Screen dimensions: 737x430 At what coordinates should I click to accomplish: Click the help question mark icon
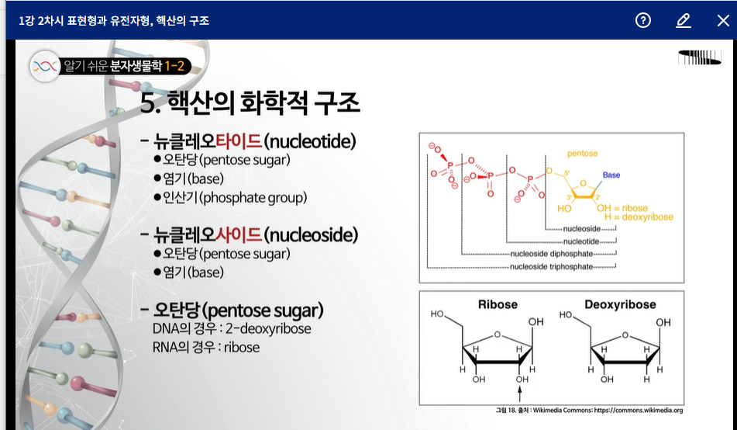coord(643,20)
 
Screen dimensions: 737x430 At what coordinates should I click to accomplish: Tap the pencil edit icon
coord(683,20)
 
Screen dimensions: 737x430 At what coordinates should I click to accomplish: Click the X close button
coord(723,20)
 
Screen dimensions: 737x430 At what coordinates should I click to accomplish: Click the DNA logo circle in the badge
coord(45,67)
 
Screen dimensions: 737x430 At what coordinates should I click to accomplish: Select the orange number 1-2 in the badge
coord(174,66)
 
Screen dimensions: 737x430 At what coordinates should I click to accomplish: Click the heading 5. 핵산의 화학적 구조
coord(250,102)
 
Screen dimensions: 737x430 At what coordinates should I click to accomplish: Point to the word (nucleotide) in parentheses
coord(310,140)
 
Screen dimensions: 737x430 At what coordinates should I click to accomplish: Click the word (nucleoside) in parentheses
coord(311,234)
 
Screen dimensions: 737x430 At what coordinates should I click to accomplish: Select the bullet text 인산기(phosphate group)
coord(235,197)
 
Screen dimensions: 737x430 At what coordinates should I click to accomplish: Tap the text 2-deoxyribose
coord(268,328)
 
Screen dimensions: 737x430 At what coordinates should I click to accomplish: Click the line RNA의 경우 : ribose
coord(206,348)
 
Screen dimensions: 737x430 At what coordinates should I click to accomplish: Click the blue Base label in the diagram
coord(611,175)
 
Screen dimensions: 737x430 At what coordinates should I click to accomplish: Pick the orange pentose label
coord(582,154)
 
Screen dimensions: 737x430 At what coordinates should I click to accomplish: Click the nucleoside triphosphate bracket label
coord(551,266)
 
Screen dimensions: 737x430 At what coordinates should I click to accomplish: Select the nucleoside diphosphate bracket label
coord(551,254)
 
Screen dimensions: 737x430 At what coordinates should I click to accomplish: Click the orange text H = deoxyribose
coord(639,217)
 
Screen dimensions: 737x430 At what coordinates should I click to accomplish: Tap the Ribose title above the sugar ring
coord(498,305)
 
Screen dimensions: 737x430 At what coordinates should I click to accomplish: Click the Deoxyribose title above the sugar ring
coord(620,305)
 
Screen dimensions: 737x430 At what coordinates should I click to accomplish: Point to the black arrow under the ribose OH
coord(520,394)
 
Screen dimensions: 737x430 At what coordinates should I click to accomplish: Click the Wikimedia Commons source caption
coord(589,411)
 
